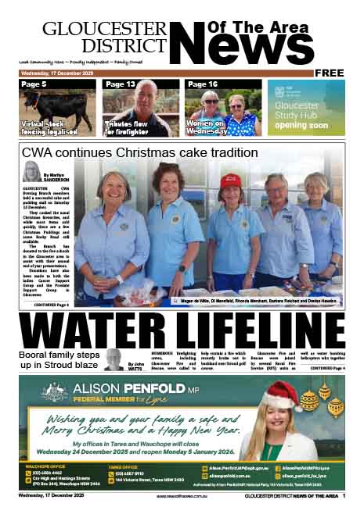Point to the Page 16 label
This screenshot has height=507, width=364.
[201, 84]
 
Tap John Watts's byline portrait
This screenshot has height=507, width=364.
[113, 360]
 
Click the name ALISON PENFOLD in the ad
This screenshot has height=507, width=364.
[124, 388]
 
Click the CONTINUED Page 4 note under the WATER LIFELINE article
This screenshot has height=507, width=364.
[326, 367]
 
